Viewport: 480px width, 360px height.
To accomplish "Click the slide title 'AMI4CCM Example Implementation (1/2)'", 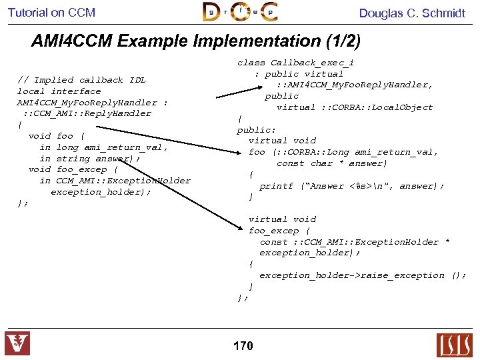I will coord(195,41).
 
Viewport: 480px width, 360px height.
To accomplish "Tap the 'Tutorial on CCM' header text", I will coord(51,13).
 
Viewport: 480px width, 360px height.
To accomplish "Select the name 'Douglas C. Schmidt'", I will coord(412,13).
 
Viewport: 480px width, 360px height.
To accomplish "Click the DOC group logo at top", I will coord(240,12).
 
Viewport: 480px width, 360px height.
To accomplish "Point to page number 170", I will coord(243,345).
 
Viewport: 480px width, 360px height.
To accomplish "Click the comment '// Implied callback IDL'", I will coord(81,80).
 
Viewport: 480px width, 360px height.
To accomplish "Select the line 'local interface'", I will coord(59,91).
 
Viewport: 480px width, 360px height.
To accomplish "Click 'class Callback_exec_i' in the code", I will coord(295,63).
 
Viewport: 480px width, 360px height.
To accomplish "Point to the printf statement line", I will coord(351,186).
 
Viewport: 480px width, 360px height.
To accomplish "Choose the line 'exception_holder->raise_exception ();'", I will coord(362,275).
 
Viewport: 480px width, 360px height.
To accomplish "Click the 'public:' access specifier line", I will coord(256,130).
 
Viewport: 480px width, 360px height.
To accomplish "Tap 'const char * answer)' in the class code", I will coord(331,163).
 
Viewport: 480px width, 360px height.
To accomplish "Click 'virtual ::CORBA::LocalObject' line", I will coord(355,107).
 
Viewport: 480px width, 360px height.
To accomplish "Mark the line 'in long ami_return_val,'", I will coord(103,147).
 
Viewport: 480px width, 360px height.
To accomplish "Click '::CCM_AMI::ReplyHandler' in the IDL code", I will coord(87,113).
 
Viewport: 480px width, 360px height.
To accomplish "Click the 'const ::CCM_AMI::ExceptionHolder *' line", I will coord(354,242).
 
